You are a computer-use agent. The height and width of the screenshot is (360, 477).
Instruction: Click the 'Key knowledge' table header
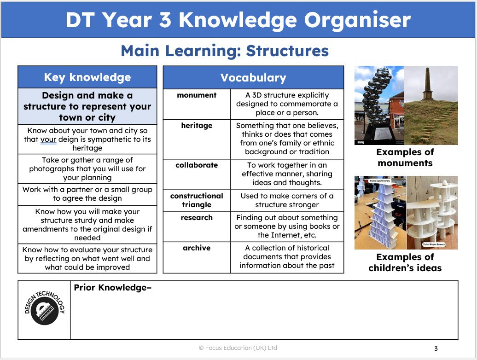[87, 77]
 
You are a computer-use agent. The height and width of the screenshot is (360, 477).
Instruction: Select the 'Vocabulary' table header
[253, 78]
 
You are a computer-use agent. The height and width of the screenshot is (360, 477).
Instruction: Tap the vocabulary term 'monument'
[197, 95]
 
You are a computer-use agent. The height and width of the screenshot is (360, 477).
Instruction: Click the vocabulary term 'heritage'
[197, 126]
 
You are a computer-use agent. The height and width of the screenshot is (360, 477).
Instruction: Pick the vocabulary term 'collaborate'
[197, 165]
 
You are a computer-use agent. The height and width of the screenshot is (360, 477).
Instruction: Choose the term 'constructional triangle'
[197, 200]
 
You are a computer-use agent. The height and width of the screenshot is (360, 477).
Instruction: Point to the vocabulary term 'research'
[197, 218]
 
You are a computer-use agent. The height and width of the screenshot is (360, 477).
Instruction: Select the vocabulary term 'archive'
[197, 248]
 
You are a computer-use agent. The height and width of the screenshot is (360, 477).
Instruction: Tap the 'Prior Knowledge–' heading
[112, 288]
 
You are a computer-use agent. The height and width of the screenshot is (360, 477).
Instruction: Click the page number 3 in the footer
[436, 348]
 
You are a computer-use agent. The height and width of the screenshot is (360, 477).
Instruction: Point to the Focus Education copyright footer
[238, 348]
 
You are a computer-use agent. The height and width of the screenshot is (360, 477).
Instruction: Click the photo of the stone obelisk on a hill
[431, 105]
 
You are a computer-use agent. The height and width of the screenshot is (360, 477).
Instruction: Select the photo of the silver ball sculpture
[379, 105]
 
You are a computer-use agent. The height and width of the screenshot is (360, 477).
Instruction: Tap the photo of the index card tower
[380, 213]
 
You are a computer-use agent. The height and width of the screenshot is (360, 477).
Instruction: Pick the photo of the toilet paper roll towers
[432, 213]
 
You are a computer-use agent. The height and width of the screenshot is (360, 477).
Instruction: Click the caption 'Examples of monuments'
[405, 157]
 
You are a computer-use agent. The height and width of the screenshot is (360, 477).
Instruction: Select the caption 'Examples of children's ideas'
[405, 262]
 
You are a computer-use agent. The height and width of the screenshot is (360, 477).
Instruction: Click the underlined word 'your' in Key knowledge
[48, 139]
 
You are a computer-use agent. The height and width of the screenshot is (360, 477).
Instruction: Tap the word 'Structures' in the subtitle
[287, 51]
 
